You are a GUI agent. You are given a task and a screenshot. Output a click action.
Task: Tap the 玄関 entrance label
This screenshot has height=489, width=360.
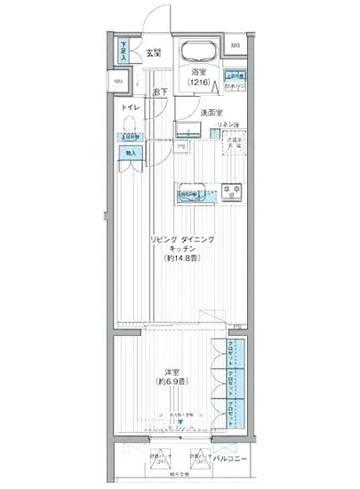pyautogui.click(x=154, y=54)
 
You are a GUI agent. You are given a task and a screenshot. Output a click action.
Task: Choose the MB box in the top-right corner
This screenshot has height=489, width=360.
pyautogui.click(x=236, y=46)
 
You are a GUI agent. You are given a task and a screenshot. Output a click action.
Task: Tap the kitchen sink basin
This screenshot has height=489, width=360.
pyautogui.click(x=191, y=190)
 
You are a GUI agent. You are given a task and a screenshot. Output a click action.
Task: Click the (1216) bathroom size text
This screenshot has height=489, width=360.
pyautogui.click(x=198, y=82)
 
